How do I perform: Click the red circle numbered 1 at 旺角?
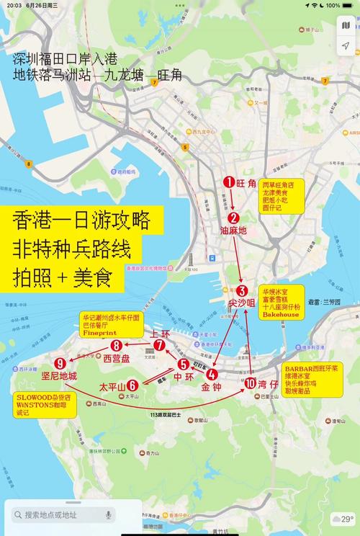coord(229,183)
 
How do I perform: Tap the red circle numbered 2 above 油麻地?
coord(233,218)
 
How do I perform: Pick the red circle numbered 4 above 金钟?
coord(212,374)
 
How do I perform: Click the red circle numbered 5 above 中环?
coord(184,365)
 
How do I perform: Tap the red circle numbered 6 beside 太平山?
coord(132,385)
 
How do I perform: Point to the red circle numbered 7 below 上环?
coord(159,345)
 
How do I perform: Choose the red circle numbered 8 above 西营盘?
coord(116,346)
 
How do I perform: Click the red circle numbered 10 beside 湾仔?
coord(250,383)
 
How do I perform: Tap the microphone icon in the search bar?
coord(109,515)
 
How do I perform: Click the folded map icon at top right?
coord(345,26)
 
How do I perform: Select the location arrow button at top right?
coord(345,46)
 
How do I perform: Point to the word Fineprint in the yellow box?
coord(100,334)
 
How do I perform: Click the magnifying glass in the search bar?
coord(17,515)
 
